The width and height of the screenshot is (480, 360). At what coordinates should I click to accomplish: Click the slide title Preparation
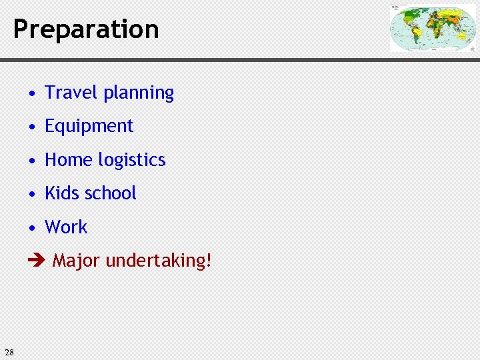point(86,29)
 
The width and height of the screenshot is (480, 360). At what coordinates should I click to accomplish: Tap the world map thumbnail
point(432,28)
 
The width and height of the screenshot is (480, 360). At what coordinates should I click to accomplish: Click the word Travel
point(68,93)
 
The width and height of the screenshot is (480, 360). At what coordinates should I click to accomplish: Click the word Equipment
point(89,127)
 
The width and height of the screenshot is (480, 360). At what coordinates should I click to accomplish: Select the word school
point(111,193)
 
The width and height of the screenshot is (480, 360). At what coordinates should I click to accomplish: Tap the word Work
point(66,227)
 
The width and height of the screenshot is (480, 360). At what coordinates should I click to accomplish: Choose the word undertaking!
point(159,261)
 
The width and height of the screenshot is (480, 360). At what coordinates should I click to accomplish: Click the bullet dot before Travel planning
point(32,93)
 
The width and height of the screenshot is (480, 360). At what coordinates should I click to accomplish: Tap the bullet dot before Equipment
point(32,127)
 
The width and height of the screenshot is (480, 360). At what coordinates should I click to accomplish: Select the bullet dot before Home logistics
point(32,161)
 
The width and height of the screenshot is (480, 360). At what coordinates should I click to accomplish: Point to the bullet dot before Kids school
point(32,194)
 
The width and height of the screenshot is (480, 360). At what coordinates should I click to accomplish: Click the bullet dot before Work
point(32,228)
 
